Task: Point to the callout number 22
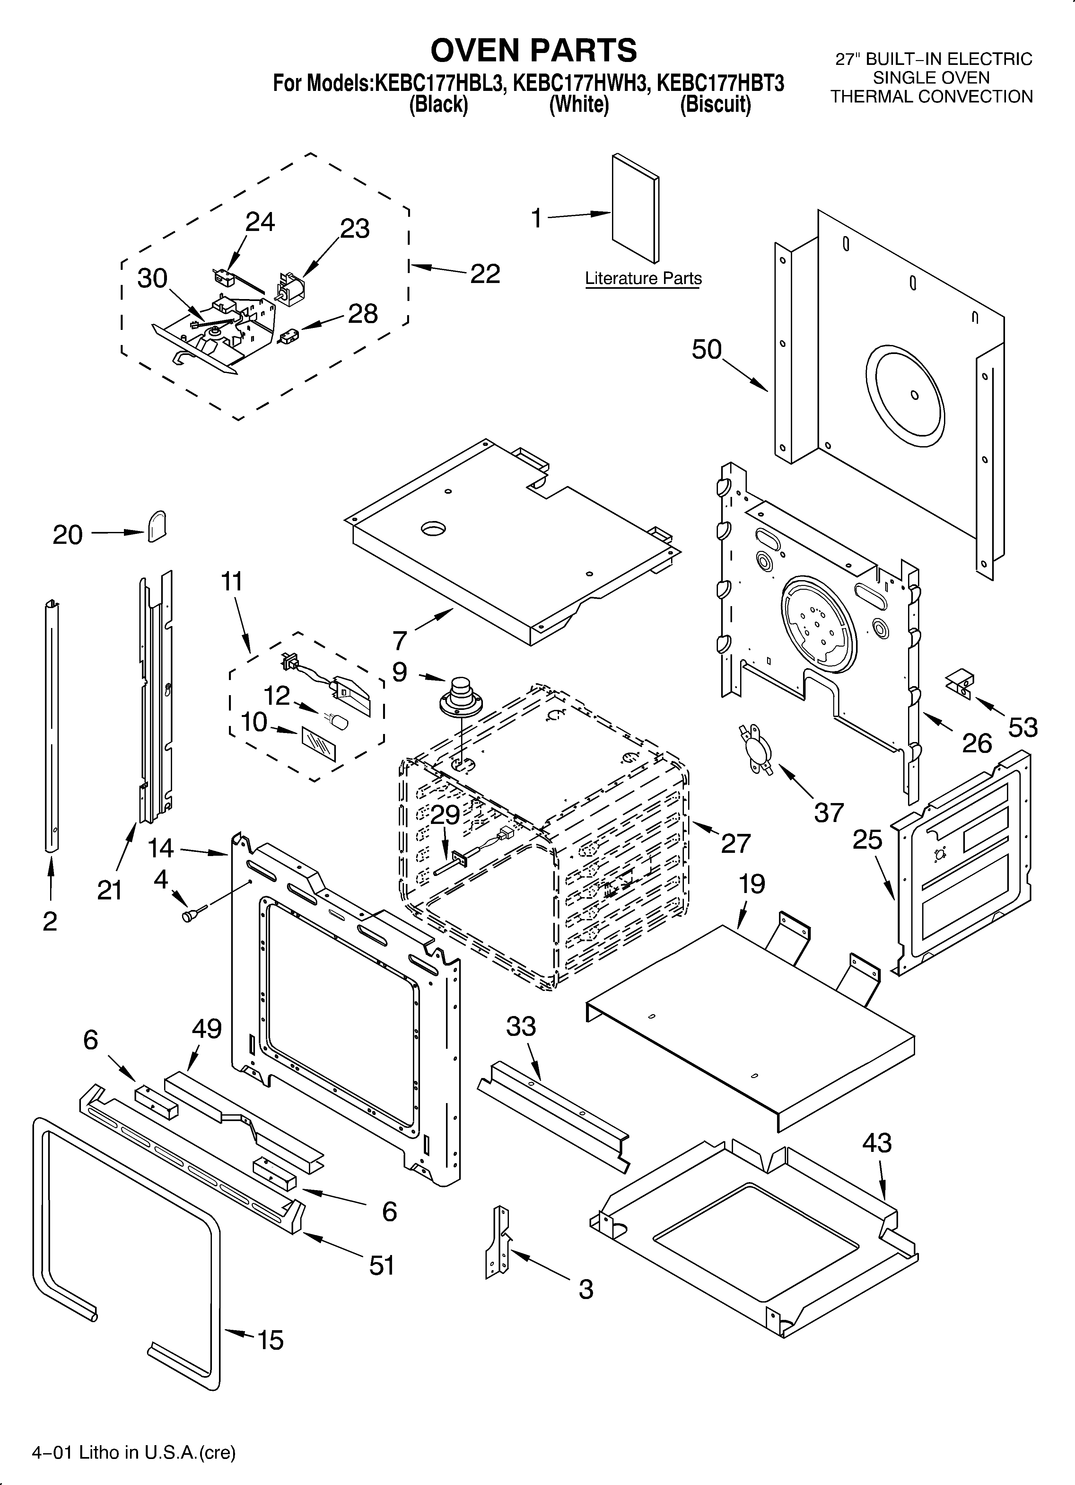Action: coord(485,274)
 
